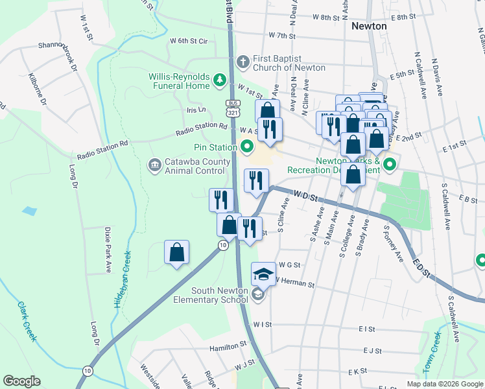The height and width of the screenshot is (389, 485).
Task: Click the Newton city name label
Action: (x=369, y=27)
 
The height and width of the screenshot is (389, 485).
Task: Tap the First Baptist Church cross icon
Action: (x=243, y=62)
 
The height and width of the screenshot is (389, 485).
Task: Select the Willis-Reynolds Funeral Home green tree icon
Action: (x=220, y=80)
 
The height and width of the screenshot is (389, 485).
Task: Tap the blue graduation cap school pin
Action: (x=263, y=275)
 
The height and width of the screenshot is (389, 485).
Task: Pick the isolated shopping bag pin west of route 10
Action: (x=176, y=253)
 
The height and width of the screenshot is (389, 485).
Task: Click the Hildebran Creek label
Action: (x=123, y=279)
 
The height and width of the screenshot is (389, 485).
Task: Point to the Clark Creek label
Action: (x=27, y=321)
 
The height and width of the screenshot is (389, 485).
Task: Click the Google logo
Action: (x=21, y=381)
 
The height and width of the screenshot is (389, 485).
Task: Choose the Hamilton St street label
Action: (x=227, y=348)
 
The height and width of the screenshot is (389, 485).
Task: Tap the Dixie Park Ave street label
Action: (x=107, y=249)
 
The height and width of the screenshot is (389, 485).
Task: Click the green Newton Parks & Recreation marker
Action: (x=389, y=165)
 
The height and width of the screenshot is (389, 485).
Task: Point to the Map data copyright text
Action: (x=444, y=384)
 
